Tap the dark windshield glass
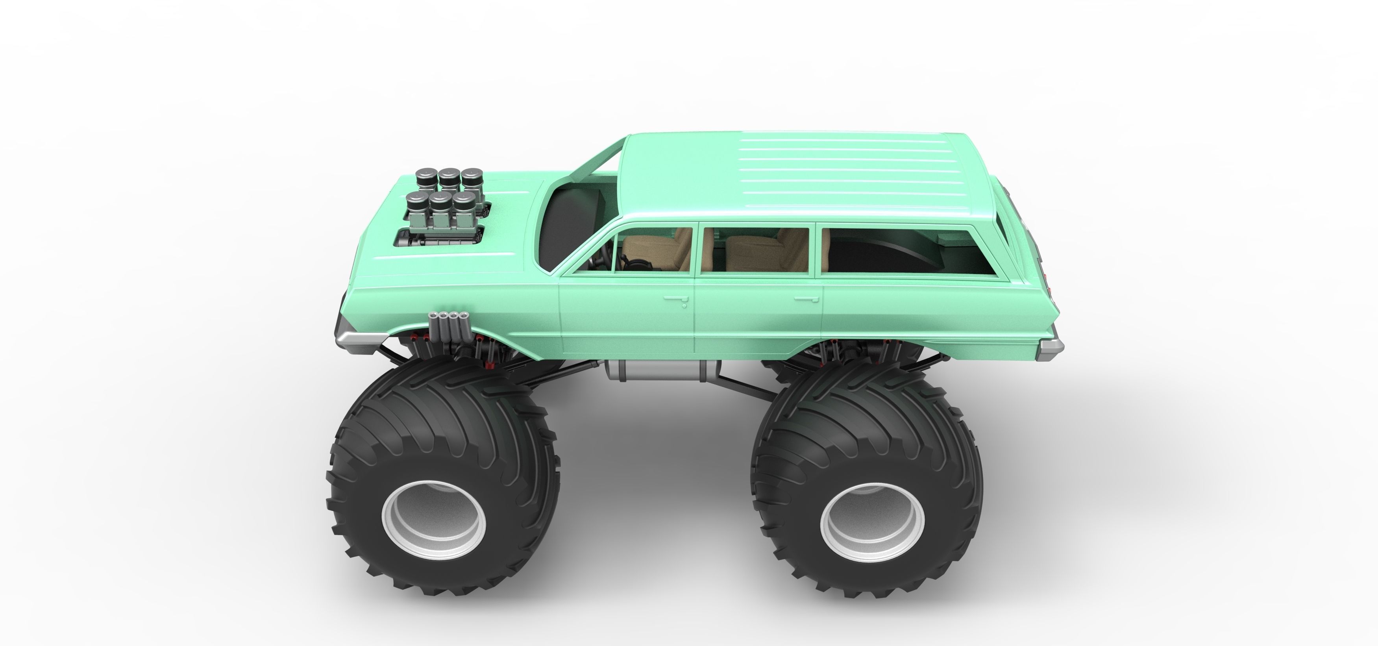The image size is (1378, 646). pyautogui.click(x=562, y=225)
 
